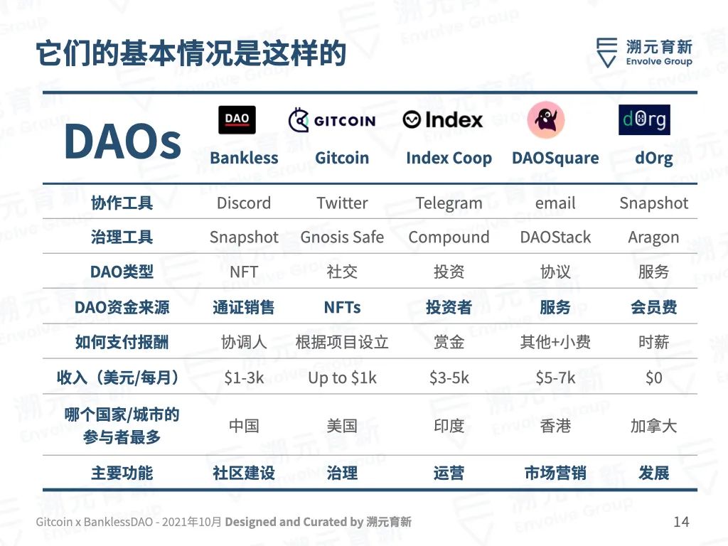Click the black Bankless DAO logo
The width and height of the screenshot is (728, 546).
[237, 119]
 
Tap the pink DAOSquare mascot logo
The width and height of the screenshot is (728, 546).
[546, 119]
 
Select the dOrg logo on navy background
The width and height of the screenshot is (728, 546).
[644, 119]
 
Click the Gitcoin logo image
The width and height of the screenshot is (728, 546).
[331, 120]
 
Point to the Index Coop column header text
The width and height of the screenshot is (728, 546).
[449, 158]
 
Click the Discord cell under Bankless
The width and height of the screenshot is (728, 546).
[244, 203]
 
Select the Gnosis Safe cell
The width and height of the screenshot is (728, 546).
[342, 237]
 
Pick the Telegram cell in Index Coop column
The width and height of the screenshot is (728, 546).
[449, 203]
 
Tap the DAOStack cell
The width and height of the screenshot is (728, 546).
[555, 237]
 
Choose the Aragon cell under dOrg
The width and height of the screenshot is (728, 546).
[653, 237]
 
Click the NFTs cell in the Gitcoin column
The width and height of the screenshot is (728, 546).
[342, 307]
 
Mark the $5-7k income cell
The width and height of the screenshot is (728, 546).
[555, 378]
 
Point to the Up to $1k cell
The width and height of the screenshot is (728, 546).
[342, 378]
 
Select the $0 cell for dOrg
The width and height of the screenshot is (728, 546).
[654, 378]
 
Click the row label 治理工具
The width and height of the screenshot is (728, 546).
[122, 237]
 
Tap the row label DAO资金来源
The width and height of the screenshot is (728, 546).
[122, 307]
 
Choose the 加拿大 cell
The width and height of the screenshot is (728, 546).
[654, 426]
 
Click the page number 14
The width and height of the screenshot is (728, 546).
[681, 522]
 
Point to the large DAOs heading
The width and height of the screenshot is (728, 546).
[122, 141]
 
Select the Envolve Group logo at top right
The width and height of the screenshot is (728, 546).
[644, 53]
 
